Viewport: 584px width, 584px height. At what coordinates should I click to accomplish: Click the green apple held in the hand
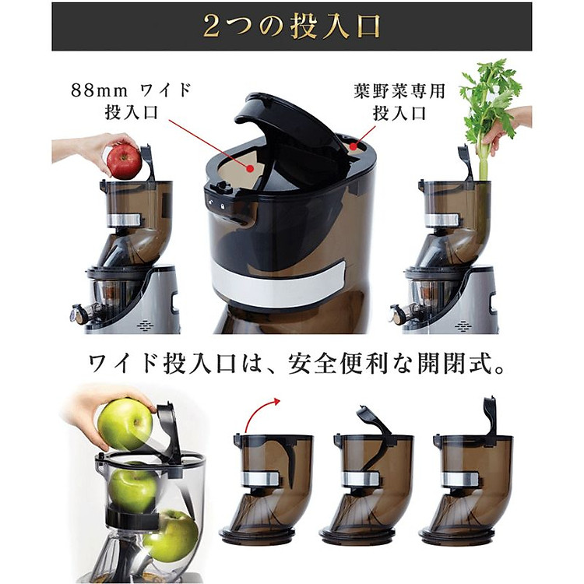(125, 424)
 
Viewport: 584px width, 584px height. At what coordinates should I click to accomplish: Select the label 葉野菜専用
(399, 91)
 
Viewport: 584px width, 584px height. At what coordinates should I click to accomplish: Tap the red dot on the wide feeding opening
(250, 169)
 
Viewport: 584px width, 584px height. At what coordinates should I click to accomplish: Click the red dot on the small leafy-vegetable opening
(353, 147)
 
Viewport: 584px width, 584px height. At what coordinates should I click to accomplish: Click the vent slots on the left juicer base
(146, 325)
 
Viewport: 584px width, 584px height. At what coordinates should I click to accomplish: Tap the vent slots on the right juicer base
(464, 326)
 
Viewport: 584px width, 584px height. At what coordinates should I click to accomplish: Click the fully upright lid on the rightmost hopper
(490, 417)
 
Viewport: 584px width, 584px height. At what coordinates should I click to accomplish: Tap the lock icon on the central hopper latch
(223, 206)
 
